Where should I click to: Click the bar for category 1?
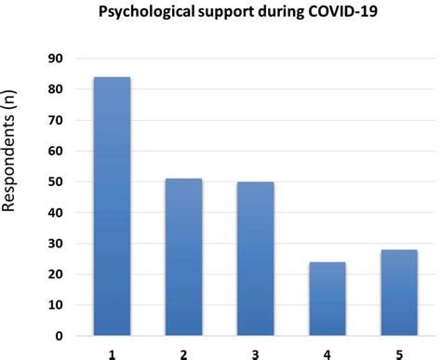(x=111, y=206)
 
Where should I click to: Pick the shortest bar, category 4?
(x=327, y=299)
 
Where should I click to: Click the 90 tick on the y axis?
(x=56, y=59)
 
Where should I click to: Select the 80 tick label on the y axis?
(x=56, y=89)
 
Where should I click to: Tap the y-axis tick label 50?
(x=56, y=181)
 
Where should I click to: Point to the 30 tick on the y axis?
(x=56, y=244)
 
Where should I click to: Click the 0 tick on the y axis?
(x=60, y=336)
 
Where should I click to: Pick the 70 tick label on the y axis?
(x=56, y=120)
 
